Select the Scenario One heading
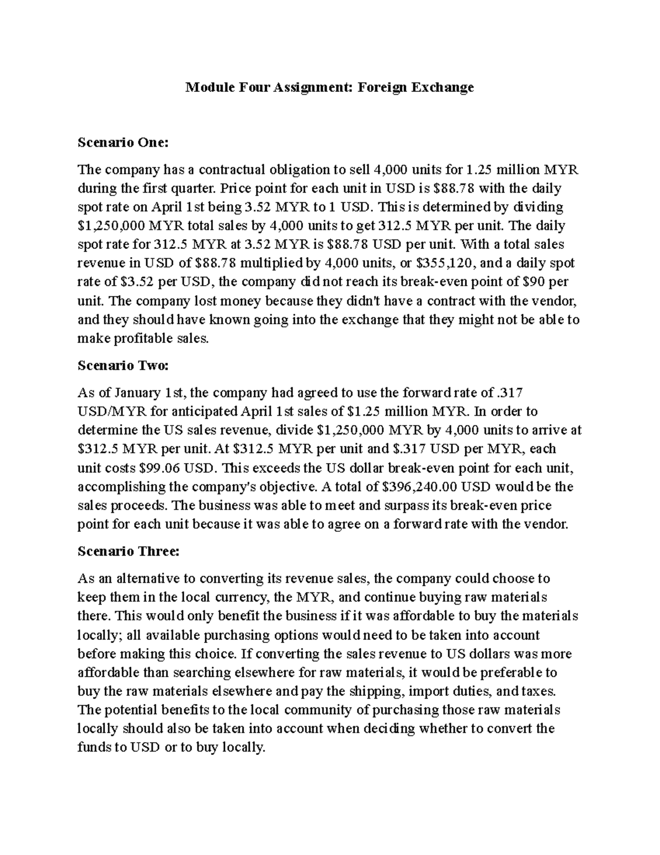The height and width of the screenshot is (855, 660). click(122, 143)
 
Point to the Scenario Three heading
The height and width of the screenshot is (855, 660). click(128, 551)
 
